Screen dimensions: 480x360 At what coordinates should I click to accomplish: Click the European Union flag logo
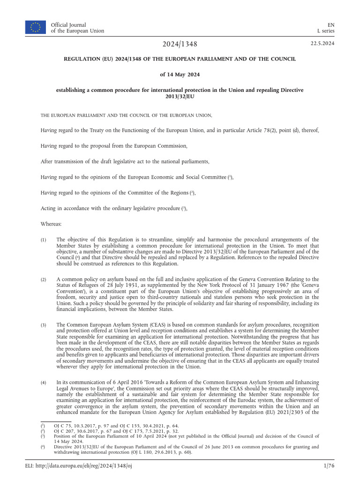tap(36, 27)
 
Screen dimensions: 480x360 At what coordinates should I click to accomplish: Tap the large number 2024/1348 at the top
tap(180, 45)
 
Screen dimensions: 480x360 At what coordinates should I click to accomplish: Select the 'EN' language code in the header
tap(330, 24)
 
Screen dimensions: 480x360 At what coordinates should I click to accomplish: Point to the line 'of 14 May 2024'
tap(180, 74)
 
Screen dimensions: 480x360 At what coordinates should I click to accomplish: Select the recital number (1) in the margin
tap(44, 240)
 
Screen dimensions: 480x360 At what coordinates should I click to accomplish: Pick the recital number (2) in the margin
tap(44, 280)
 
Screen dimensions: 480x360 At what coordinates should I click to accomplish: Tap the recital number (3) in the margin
tap(44, 325)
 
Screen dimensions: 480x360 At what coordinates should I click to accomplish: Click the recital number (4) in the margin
tap(44, 383)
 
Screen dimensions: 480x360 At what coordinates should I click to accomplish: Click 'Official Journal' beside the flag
tap(68, 24)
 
